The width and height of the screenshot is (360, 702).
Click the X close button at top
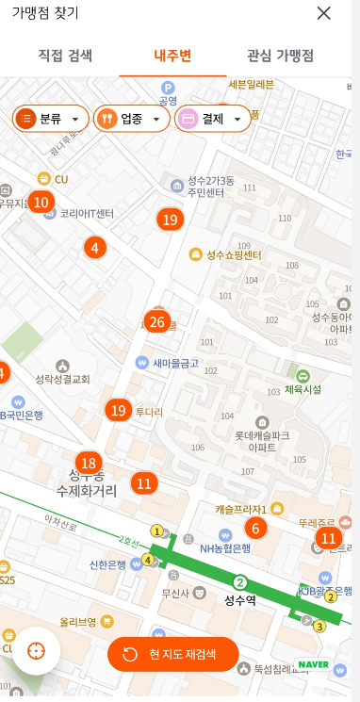324,13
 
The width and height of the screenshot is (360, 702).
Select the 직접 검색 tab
65,55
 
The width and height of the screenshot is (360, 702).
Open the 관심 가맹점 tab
280,55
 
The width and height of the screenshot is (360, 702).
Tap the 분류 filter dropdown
52,119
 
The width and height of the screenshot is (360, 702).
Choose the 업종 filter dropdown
132,119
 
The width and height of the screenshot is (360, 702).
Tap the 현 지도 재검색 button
173,654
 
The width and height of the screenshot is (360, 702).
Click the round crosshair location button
37,651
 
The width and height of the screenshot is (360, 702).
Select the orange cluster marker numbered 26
157,322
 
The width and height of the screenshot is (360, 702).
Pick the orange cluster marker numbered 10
40,202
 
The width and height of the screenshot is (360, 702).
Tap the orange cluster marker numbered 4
93,248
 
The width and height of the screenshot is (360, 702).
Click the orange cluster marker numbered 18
90,463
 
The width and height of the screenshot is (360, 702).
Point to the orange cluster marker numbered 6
254,529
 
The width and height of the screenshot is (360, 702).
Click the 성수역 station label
241,598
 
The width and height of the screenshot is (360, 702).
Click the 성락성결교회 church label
62,379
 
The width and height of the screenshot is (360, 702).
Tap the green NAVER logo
314,663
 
